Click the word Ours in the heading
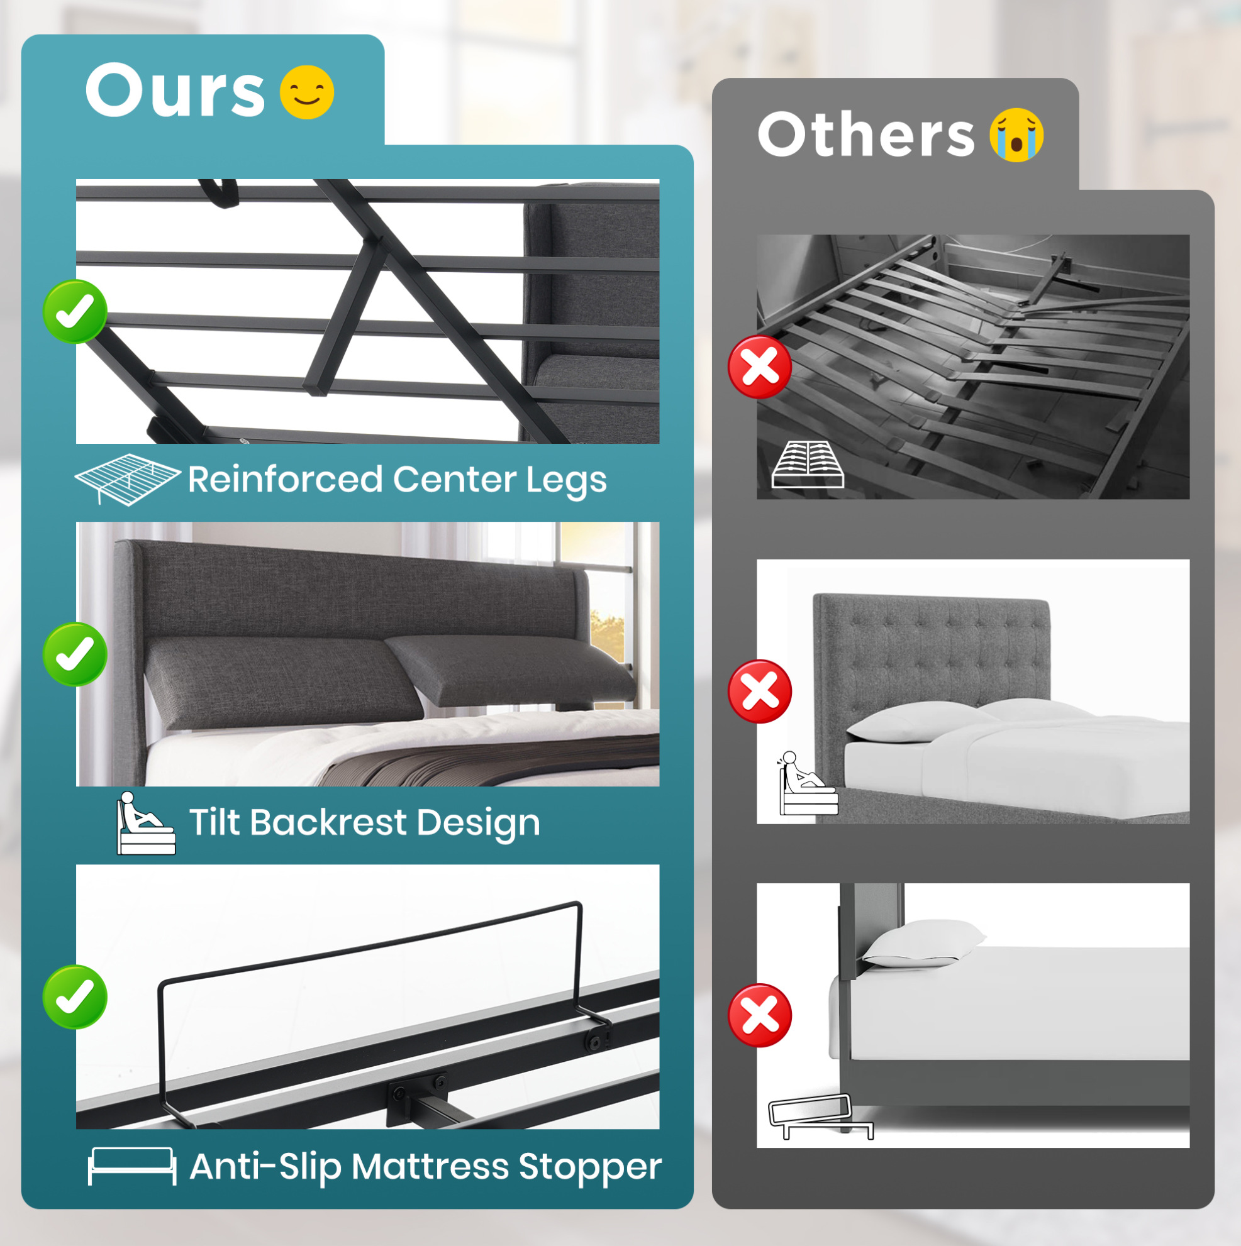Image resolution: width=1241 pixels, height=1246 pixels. coord(175,91)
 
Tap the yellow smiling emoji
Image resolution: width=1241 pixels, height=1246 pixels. coord(307,92)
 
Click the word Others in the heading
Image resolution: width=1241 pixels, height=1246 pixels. coord(865,133)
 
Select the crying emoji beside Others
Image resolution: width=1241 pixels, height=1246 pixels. coord(1016,135)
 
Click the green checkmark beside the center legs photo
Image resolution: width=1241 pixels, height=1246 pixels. coord(75,312)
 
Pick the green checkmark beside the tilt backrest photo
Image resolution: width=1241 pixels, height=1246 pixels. coord(75,654)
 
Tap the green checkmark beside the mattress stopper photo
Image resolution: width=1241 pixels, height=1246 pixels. coord(75,997)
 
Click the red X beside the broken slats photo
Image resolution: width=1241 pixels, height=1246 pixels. coord(760,367)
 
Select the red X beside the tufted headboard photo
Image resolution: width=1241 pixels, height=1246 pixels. coord(760,692)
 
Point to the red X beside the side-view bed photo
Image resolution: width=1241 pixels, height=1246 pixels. coord(760,1016)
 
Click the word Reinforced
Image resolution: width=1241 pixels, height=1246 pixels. coord(285,479)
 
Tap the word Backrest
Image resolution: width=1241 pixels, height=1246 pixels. coord(328,822)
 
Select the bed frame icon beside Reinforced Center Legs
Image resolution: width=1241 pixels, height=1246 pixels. coord(128,479)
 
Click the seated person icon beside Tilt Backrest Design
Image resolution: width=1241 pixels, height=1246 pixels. coord(146,823)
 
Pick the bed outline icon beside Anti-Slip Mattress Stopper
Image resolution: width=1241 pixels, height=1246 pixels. coord(131,1166)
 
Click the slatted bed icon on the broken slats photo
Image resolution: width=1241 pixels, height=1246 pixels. coord(808,465)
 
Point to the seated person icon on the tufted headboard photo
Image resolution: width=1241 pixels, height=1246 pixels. coord(808,782)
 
